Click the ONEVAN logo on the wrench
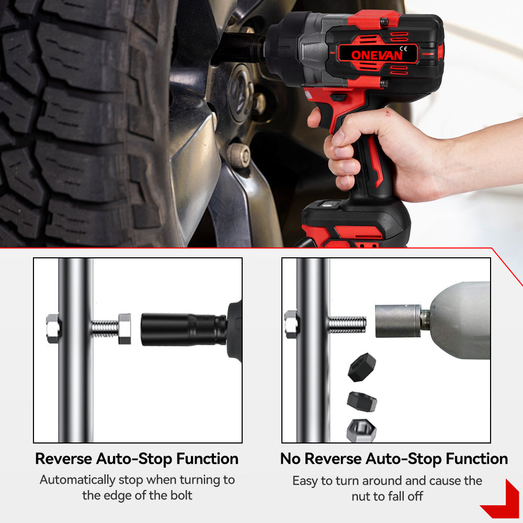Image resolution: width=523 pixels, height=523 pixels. click(377, 55)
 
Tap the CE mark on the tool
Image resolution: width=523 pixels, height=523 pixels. click(403, 49)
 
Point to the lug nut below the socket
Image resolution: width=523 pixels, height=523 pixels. click(239, 155)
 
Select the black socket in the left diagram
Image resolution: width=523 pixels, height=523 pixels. click(184, 329)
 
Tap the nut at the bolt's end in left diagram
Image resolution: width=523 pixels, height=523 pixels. click(125, 328)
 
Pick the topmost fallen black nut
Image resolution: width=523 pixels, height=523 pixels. click(361, 367)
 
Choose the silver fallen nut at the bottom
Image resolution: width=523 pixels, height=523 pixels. click(361, 430)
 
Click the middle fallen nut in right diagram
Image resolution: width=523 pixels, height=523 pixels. click(362, 402)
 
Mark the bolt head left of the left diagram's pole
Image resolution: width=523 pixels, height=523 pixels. click(53, 328)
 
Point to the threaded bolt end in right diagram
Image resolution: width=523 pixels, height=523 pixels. click(347, 325)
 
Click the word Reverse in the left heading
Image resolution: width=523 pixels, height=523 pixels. click(64, 459)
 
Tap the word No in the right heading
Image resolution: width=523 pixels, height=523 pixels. click(290, 459)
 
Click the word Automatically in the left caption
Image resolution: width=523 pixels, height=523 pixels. click(77, 480)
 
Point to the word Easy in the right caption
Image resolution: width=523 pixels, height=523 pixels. click(305, 481)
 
